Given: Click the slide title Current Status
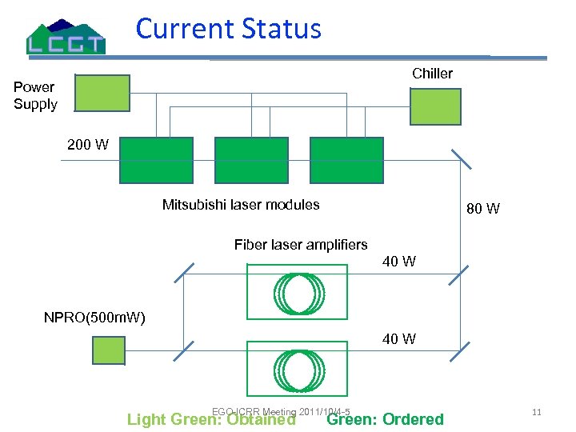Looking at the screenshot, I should (x=229, y=29).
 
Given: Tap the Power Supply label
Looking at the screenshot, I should (x=35, y=96).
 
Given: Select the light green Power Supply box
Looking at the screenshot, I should (x=102, y=93).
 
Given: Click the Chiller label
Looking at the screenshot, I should (x=432, y=74).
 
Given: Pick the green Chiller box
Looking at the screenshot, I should (x=435, y=106).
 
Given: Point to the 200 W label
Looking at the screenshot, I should (x=88, y=145).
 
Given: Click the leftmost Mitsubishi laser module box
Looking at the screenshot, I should (x=155, y=160).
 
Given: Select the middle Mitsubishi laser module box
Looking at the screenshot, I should (x=250, y=160).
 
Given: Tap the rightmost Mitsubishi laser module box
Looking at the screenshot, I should (x=346, y=160).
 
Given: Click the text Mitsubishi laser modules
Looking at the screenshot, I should (x=241, y=205).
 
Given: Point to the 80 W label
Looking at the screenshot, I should (x=483, y=209).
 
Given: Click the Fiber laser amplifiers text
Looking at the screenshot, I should (x=301, y=245).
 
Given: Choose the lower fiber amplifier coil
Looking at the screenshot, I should (x=298, y=372).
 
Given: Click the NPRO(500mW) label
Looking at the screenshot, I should (x=94, y=318).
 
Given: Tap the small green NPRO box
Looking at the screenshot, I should (x=108, y=350).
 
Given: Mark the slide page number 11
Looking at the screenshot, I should (x=537, y=412).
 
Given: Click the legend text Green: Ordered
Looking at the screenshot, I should (x=386, y=419).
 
